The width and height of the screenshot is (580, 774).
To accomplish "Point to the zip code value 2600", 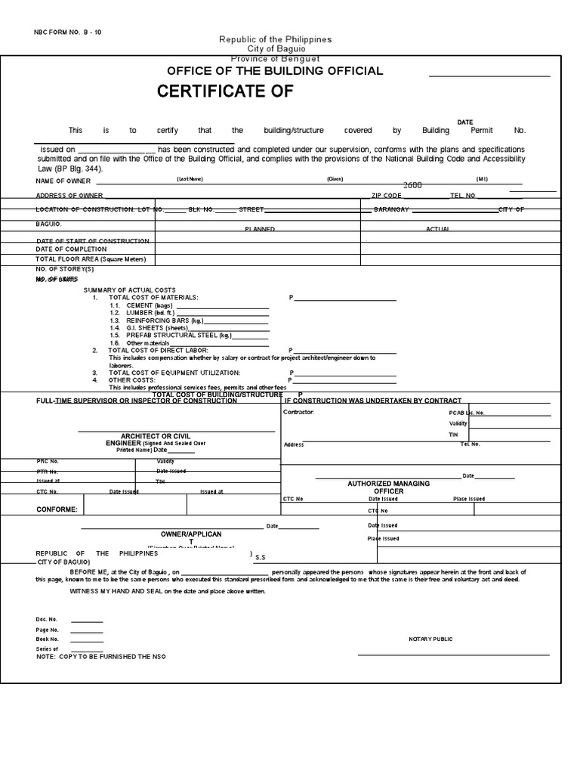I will [412, 185].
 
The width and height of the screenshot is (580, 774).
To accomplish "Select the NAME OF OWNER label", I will [63, 181].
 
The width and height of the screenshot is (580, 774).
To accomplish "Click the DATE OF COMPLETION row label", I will [72, 249].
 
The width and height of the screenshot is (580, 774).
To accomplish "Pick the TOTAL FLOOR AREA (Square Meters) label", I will [91, 259].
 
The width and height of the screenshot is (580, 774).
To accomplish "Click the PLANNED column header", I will [259, 228].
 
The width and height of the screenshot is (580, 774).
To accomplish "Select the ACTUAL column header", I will [438, 228].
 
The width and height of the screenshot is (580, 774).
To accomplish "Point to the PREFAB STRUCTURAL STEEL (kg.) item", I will [170, 335].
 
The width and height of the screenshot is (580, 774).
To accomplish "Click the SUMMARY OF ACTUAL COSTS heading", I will [129, 290].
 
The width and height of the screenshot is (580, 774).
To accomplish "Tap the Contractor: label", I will [298, 412].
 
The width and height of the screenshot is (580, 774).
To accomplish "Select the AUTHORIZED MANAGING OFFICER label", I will [388, 487].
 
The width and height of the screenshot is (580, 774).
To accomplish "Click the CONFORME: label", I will [57, 509].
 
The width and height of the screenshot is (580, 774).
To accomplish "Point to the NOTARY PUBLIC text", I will [430, 639].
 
